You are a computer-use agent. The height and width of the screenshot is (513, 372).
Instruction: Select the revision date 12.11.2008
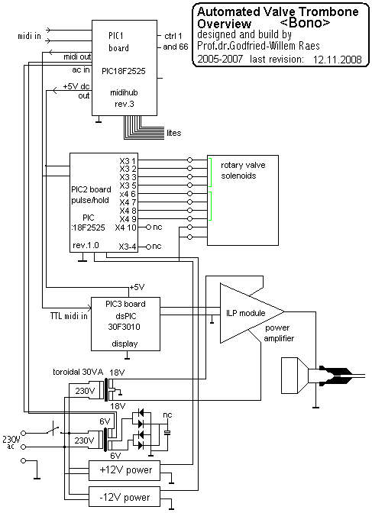pyautogui.click(x=338, y=60)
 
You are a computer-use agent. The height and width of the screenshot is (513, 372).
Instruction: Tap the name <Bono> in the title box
pyautogui.click(x=306, y=23)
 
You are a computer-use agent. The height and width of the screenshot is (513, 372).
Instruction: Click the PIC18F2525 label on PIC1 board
pyautogui.click(x=124, y=71)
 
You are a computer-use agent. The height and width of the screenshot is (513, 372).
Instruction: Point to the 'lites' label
pyautogui.click(x=173, y=133)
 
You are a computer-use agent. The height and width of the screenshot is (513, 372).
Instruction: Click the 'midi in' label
pyautogui.click(x=29, y=36)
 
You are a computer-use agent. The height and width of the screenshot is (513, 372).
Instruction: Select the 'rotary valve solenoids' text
pyautogui.click(x=243, y=170)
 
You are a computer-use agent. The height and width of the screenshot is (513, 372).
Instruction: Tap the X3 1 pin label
pyautogui.click(x=128, y=160)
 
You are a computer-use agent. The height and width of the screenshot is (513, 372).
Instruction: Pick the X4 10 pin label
pyautogui.click(x=125, y=227)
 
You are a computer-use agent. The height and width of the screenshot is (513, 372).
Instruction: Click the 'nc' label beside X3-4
pyautogui.click(x=157, y=246)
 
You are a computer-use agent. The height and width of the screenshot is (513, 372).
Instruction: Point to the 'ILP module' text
pyautogui.click(x=246, y=313)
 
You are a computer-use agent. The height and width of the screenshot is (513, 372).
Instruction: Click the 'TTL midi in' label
pyautogui.click(x=69, y=316)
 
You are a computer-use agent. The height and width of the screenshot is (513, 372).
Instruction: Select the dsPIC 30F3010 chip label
pyautogui.click(x=125, y=321)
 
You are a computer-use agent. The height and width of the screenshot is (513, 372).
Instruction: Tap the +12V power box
pyautogui.click(x=125, y=470)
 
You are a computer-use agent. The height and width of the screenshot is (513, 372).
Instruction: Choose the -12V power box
pyautogui.click(x=125, y=497)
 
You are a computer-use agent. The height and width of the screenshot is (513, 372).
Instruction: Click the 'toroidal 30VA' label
pyautogui.click(x=78, y=372)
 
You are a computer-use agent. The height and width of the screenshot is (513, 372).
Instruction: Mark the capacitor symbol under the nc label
pyautogui.click(x=167, y=433)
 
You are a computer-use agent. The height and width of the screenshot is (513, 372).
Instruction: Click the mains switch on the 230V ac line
pyautogui.click(x=53, y=431)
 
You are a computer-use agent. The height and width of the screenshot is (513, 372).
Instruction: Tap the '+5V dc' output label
pyautogui.click(x=76, y=87)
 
